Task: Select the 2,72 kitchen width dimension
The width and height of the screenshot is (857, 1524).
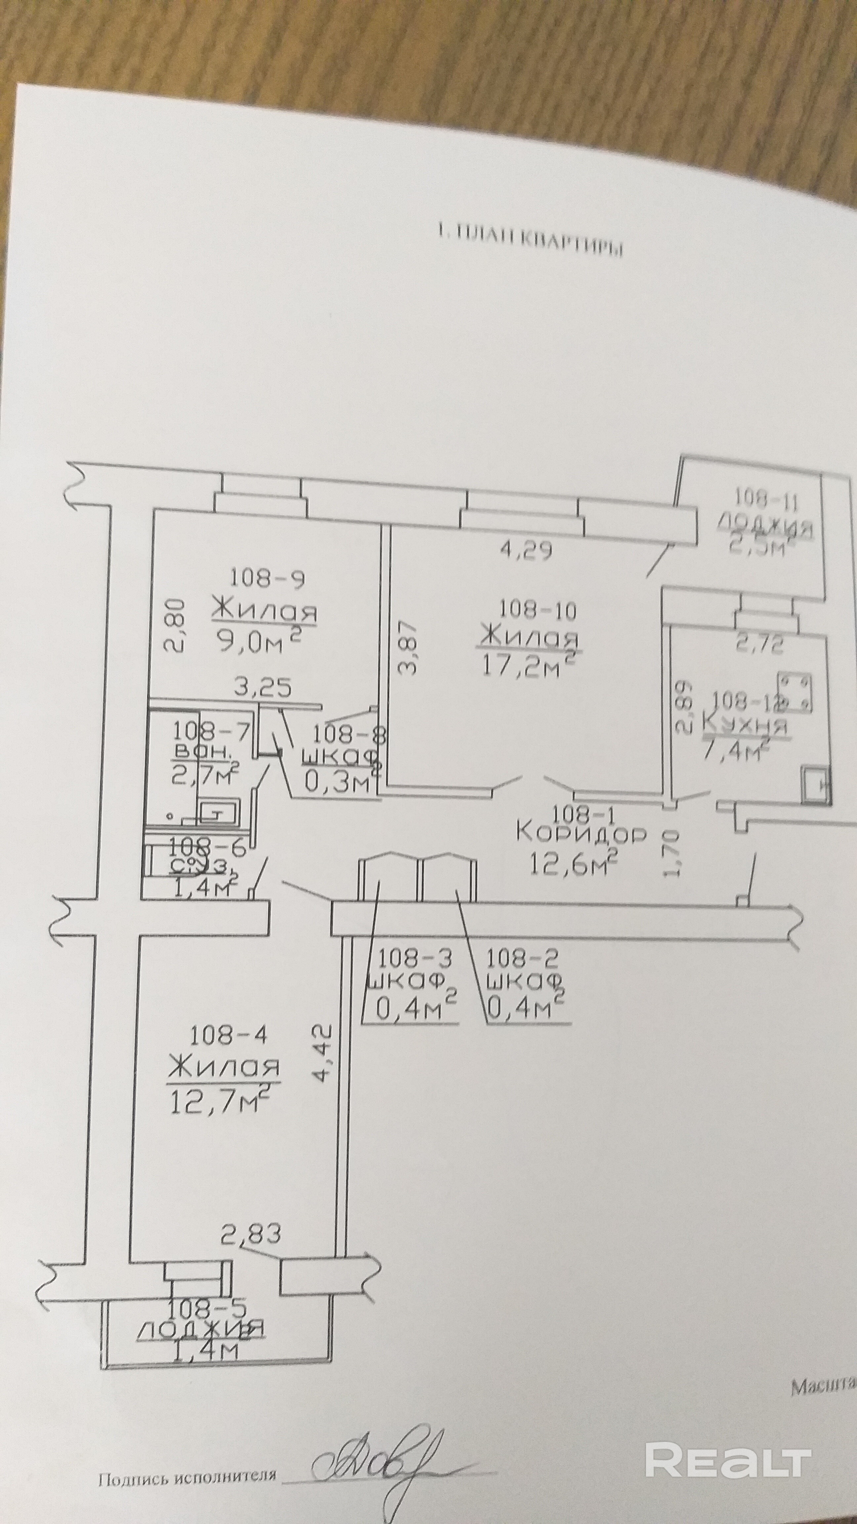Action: [x=759, y=644]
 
